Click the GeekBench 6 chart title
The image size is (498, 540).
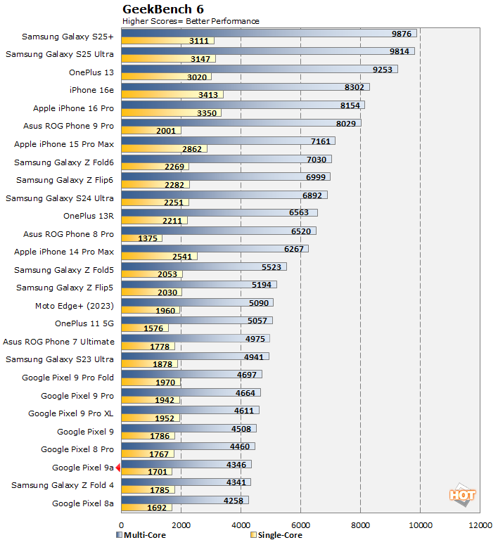click(x=164, y=9)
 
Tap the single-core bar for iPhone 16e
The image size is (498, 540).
click(x=172, y=94)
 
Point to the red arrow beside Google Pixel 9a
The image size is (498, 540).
click(x=118, y=468)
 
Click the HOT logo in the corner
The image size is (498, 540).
click(x=462, y=494)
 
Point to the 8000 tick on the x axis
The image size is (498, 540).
click(x=361, y=525)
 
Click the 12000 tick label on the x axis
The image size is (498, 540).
click(x=480, y=525)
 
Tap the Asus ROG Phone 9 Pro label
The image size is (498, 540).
click(x=68, y=126)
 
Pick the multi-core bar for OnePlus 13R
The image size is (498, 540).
click(x=219, y=212)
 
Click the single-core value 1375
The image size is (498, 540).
click(x=148, y=238)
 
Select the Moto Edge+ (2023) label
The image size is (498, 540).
click(x=74, y=306)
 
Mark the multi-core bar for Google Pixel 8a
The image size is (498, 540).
click(x=185, y=500)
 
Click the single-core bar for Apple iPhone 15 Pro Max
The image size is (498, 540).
click(x=164, y=149)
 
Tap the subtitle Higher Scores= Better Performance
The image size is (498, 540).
click(x=191, y=21)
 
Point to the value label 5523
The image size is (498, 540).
click(x=270, y=266)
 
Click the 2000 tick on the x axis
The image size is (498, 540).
click(x=181, y=525)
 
